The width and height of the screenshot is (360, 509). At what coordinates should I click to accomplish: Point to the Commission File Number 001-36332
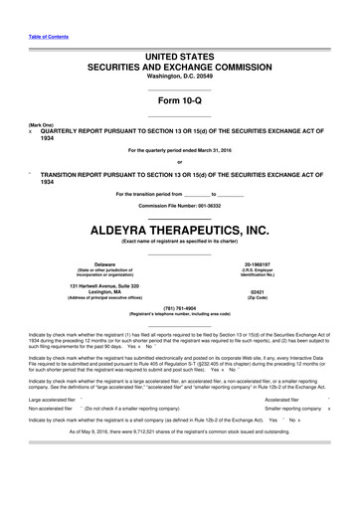click(x=179, y=204)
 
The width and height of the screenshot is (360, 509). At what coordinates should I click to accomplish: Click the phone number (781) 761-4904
click(x=179, y=307)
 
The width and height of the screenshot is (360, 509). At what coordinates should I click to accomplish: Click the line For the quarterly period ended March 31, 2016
click(x=179, y=150)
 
